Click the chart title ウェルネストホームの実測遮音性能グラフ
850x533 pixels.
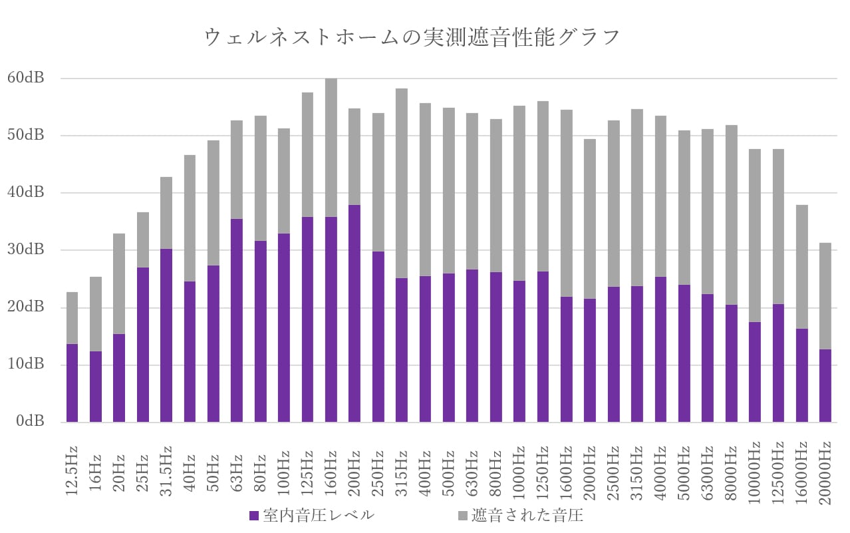pyautogui.click(x=412, y=37)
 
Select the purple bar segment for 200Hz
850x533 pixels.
pyautogui.click(x=354, y=313)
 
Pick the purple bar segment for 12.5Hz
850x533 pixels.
pyautogui.click(x=72, y=383)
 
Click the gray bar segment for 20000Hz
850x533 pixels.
pyautogui.click(x=825, y=296)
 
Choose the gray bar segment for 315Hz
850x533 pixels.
pyautogui.click(x=402, y=184)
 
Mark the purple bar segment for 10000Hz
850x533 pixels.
pyautogui.click(x=754, y=372)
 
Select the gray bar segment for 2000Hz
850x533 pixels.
pyautogui.click(x=590, y=219)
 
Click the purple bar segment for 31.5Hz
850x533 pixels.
pyautogui.click(x=166, y=335)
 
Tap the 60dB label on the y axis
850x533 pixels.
pyautogui.click(x=25, y=78)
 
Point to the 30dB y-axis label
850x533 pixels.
pyautogui.click(x=25, y=250)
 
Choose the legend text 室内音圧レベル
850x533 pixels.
pyautogui.click(x=318, y=516)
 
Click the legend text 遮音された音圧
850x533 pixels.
pyautogui.click(x=527, y=516)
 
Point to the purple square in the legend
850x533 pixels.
pyautogui.click(x=253, y=516)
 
